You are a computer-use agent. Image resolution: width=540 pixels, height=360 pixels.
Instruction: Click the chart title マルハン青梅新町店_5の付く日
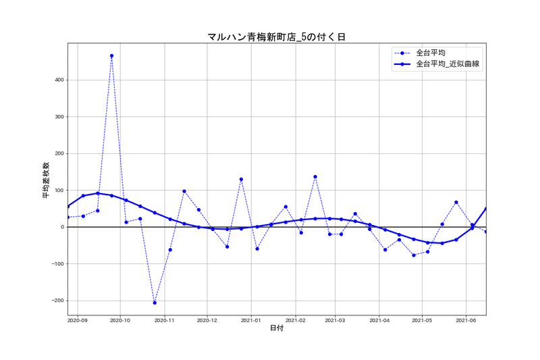277,37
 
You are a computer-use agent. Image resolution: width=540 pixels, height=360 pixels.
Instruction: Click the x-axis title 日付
277,328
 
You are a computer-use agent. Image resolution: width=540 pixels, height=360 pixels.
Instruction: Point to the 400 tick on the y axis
58,80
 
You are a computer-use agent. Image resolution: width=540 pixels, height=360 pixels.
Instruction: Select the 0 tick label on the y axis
62,227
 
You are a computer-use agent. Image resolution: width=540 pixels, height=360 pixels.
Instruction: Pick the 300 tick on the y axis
58,117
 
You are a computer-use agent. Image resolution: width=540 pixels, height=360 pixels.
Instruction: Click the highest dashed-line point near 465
111,56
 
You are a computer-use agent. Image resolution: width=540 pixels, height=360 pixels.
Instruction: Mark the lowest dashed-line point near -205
155,303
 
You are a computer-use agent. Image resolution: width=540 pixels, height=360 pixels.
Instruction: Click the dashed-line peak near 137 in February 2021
315,177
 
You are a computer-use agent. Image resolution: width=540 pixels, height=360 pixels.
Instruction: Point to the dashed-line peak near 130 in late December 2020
241,180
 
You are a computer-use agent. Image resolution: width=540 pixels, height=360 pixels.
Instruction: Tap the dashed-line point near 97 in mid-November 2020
184,191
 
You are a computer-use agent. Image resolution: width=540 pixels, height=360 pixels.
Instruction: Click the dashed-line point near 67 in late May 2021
456,202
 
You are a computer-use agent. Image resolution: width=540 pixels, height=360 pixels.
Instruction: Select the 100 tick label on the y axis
58,190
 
